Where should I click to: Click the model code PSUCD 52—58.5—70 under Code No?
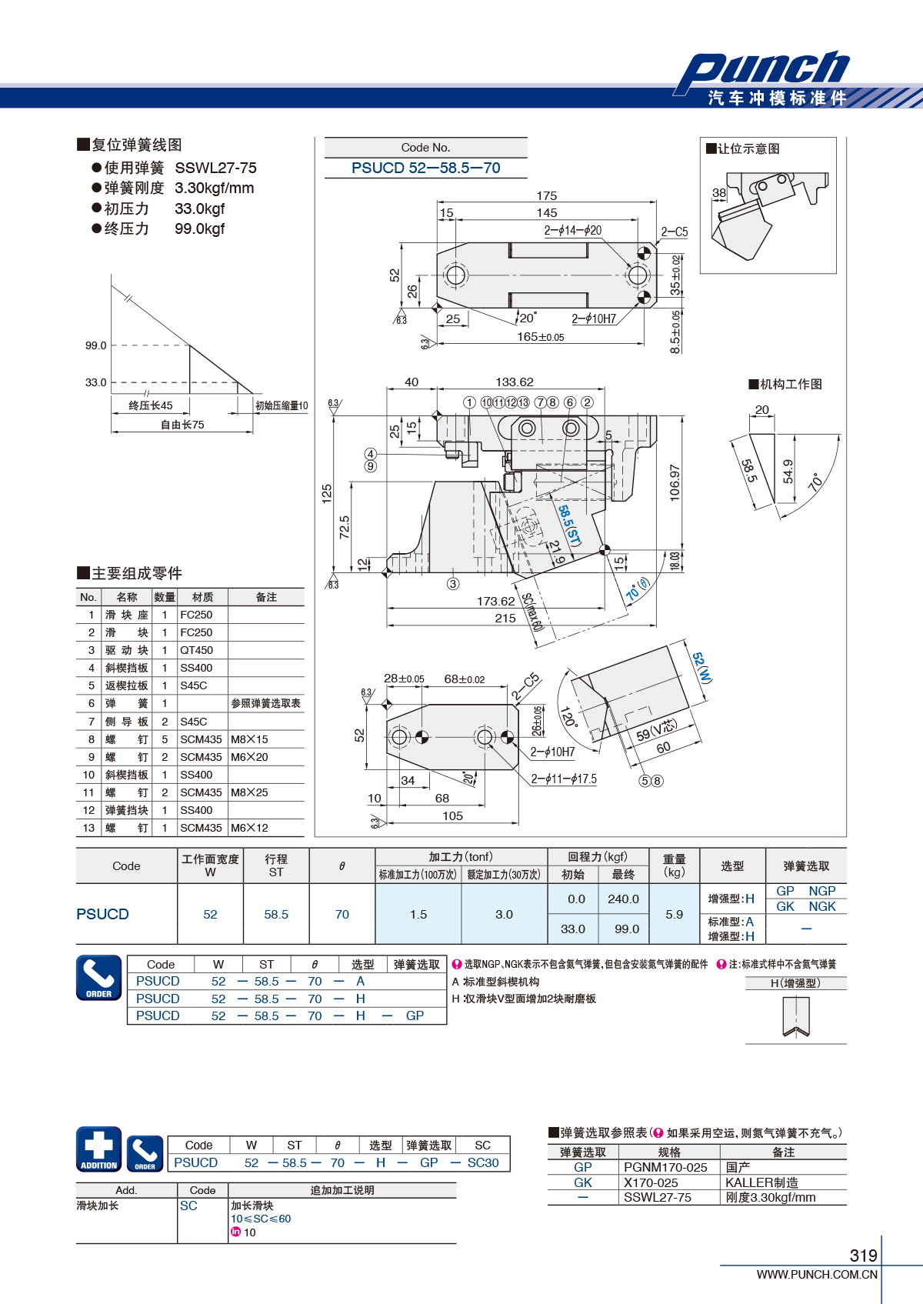click(425, 168)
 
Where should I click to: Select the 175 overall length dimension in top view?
click(546, 195)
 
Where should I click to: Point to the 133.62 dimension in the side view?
click(515, 382)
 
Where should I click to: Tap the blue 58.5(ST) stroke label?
click(569, 525)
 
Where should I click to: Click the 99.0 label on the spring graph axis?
click(96, 345)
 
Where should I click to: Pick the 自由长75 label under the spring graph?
click(182, 425)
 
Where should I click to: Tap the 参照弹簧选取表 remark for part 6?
click(265, 703)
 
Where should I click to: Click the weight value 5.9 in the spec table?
click(674, 914)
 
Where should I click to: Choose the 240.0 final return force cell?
click(623, 899)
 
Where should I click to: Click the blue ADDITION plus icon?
click(99, 1149)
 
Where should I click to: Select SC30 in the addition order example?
click(483, 1162)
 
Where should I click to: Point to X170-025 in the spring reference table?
click(651, 1182)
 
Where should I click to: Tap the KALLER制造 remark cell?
click(761, 1182)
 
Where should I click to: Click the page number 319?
click(864, 1256)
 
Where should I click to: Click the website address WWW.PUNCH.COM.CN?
click(817, 1274)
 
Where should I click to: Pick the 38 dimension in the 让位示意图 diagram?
click(719, 192)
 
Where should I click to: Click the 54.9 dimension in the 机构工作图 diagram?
click(788, 472)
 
